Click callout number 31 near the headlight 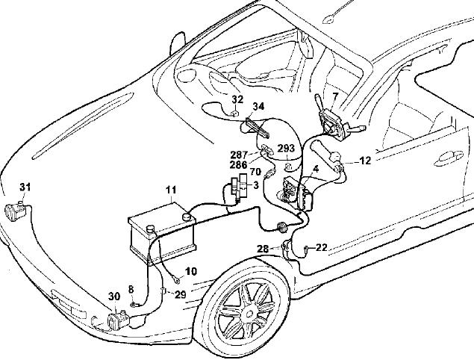click(x=25, y=186)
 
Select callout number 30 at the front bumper click(x=114, y=297)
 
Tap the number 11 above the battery click(x=171, y=190)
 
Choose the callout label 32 click(x=237, y=99)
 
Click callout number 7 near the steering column click(x=335, y=96)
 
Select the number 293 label click(x=287, y=148)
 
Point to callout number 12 click(x=365, y=160)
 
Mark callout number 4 click(x=316, y=170)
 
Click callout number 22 click(x=322, y=247)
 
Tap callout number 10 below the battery click(x=191, y=271)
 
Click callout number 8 click(x=131, y=288)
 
